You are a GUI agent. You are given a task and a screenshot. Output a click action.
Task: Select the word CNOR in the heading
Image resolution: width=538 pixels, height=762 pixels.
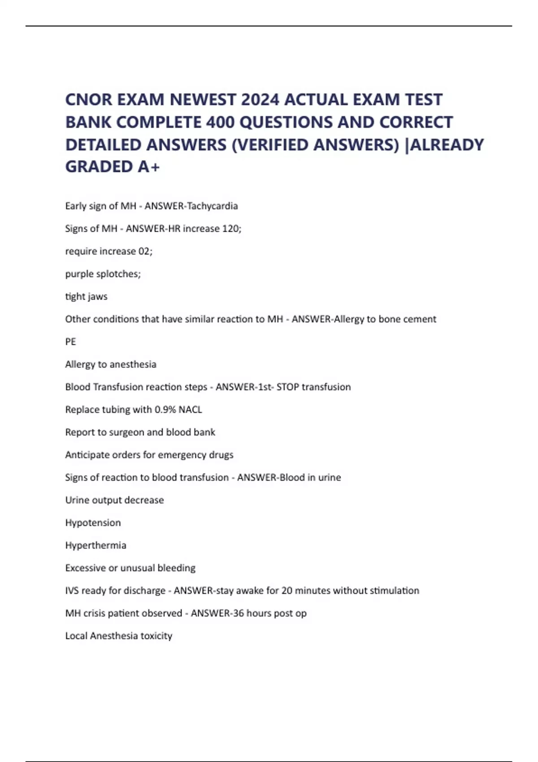88,100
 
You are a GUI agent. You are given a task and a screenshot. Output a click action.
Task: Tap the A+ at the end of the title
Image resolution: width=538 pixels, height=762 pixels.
149,167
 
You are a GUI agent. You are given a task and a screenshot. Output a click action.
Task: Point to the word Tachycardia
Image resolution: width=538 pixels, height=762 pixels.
212,206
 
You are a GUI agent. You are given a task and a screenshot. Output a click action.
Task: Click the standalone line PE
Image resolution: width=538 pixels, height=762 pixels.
70,342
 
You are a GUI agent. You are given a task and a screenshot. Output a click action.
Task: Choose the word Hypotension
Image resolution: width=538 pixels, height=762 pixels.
93,523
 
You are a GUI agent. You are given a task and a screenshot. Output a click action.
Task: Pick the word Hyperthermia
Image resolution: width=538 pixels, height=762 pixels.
95,546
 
